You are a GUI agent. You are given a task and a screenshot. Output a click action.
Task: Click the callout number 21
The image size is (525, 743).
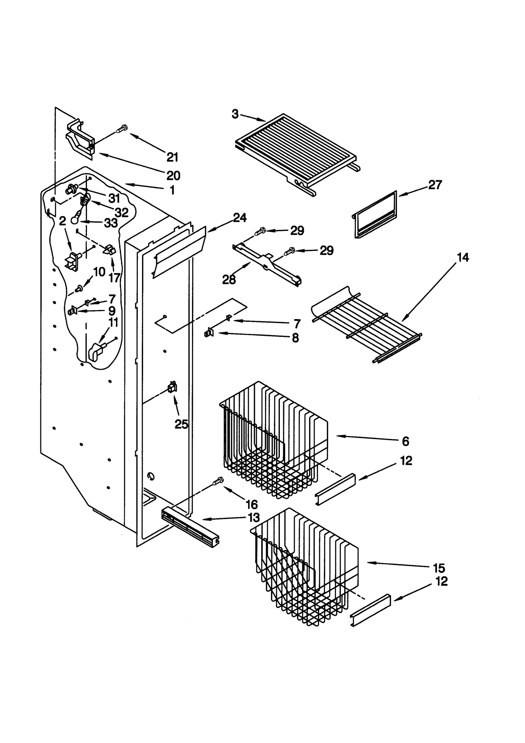click(x=172, y=158)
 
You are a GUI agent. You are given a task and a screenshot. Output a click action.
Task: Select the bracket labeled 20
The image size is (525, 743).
click(x=80, y=139)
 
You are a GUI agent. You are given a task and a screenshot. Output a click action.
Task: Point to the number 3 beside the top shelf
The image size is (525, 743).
click(x=235, y=114)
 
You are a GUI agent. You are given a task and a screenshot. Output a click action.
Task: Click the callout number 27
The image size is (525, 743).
click(x=435, y=185)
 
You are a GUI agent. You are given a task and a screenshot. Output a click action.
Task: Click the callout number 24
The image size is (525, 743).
click(x=240, y=218)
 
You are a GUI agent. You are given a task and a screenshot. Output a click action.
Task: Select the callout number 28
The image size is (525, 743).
click(x=229, y=280)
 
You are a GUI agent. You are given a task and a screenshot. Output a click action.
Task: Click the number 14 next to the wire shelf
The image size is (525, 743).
click(x=463, y=257)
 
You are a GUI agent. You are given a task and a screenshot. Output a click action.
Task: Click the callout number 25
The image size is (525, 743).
click(x=181, y=425)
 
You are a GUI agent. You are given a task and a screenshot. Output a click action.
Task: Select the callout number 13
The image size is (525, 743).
click(x=254, y=517)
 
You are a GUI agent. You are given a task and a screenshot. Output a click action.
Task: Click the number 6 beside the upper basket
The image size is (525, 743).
click(x=406, y=442)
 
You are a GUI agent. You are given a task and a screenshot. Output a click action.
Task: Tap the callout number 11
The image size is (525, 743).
click(x=113, y=322)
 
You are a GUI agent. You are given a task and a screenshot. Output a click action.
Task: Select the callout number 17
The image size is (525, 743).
click(x=114, y=278)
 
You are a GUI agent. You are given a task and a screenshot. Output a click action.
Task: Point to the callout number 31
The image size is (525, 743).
click(x=114, y=198)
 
